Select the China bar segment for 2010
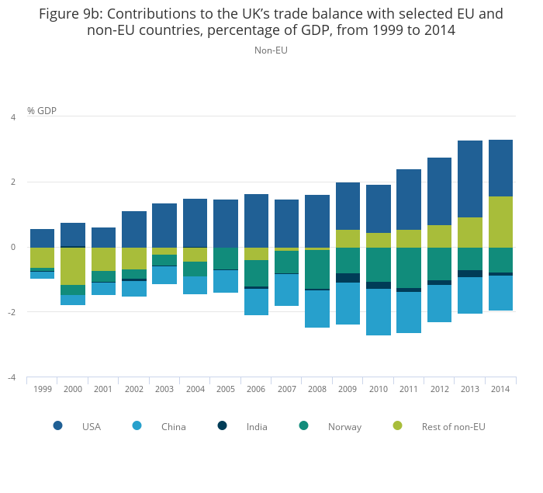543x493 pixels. coord(378,312)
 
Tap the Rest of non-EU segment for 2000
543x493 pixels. coord(73,266)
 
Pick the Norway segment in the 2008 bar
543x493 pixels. coord(316,269)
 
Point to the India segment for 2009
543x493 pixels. coord(348,278)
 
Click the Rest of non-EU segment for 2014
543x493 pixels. coord(500,222)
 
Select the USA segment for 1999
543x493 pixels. coord(42,238)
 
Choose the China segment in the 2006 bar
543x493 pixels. coord(256,302)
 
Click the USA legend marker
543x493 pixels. coord(58,425)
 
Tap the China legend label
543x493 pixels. coord(173,426)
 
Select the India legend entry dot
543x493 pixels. coord(222,425)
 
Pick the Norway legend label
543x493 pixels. coord(344,426)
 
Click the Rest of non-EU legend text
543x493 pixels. coord(453,426)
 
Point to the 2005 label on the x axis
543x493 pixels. coord(226,389)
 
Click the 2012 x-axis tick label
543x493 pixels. coord(439,389)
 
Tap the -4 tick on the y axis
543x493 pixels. coord(12,377)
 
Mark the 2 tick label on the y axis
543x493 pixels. coord(12,182)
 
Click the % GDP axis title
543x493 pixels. coord(42,111)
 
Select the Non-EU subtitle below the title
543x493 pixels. coord(271,50)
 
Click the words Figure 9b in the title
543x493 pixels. coord(71,14)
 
